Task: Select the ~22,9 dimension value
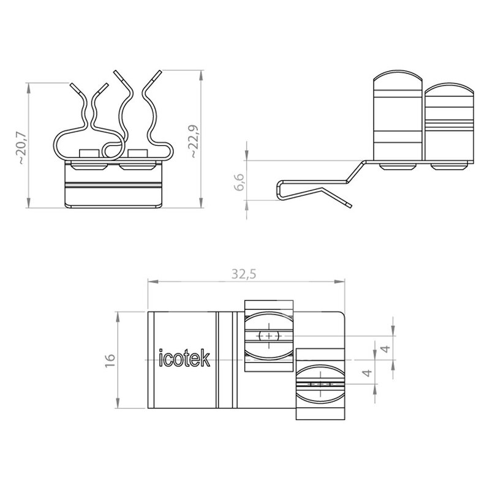[194, 141]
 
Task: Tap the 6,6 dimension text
[239, 182]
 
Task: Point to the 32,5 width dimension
[244, 274]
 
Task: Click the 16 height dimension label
[110, 360]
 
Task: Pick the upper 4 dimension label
[386, 349]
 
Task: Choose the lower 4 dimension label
[367, 373]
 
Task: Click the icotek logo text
[184, 358]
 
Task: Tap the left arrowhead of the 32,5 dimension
[153, 282]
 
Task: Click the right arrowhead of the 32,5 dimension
[339, 282]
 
